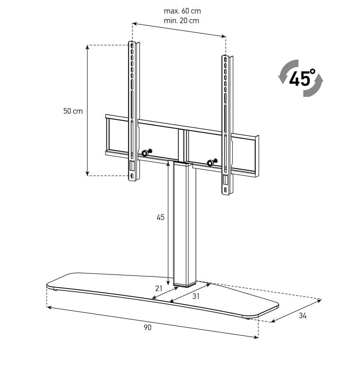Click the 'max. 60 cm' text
point(182,11)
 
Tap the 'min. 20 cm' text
point(182,21)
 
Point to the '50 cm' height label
point(73,111)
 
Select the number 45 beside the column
point(160,217)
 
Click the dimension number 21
point(159,289)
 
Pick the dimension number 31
point(196,296)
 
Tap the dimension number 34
point(302,316)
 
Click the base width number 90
point(148,327)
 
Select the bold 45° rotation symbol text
point(302,78)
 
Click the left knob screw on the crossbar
point(146,153)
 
